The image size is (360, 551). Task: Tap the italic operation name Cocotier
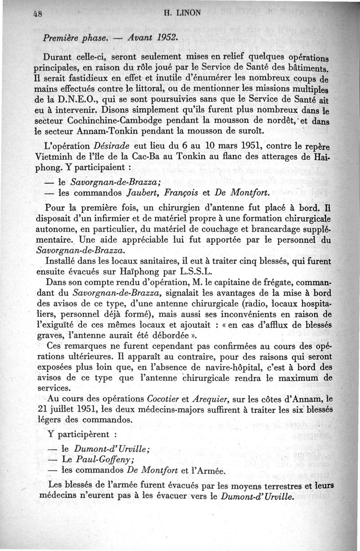pyautogui.click(x=164, y=399)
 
